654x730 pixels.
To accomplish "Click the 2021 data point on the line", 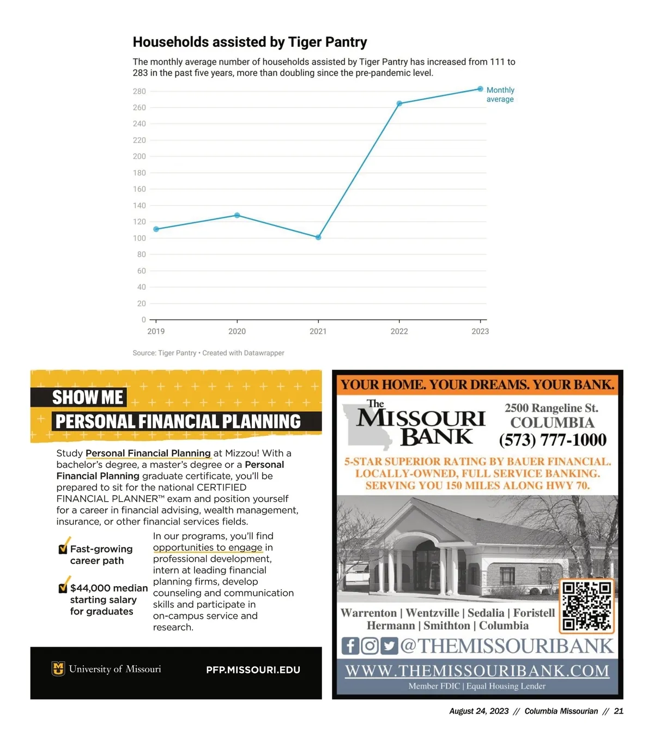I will coord(318,238).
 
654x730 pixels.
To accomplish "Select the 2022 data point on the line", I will coord(399,104).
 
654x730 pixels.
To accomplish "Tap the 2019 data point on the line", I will coord(156,229).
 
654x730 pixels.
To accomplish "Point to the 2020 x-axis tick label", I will coord(237,331).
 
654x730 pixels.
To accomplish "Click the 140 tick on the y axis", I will coord(140,205).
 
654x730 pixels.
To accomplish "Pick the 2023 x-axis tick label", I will coord(480,331).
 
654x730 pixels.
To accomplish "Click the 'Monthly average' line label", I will coord(500,94).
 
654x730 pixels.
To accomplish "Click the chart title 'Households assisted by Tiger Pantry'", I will coord(250,42).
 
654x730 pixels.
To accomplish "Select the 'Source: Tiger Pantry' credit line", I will coord(208,353).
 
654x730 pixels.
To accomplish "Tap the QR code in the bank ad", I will coord(588,605).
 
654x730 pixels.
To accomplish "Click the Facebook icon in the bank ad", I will coord(350,646).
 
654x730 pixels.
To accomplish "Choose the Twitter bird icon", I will coord(389,646).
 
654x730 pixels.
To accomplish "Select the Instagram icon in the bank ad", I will coord(370,646).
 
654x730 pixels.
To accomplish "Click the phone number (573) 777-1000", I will coord(552,440).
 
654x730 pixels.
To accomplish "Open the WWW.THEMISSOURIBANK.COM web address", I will coord(477,671).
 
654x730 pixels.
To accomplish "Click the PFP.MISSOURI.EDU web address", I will coord(253,670).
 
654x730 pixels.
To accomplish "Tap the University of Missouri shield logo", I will coord(58,668).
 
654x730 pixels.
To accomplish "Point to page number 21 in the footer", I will coord(619,711).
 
